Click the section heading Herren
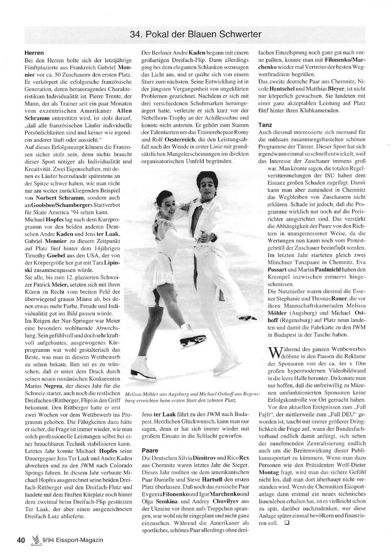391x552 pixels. click(x=34, y=53)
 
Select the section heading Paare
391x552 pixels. click(x=150, y=450)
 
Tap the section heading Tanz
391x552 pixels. click(x=265, y=125)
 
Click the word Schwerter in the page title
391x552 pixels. click(x=241, y=34)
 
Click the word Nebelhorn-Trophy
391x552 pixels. click(x=162, y=118)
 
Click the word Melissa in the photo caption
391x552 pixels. click(x=133, y=394)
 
